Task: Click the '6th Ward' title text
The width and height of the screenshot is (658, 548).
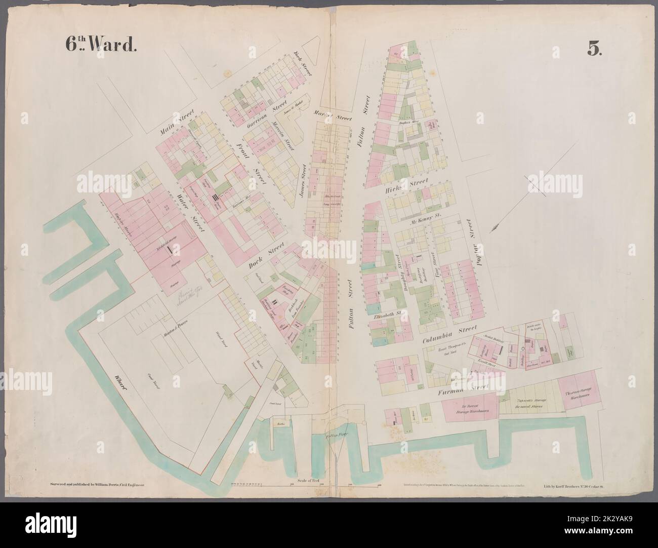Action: point(100,45)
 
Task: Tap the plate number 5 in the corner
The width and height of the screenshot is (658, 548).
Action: point(593,47)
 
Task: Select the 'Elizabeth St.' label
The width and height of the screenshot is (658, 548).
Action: point(387,317)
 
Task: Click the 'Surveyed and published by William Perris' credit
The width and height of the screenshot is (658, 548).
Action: point(98,485)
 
